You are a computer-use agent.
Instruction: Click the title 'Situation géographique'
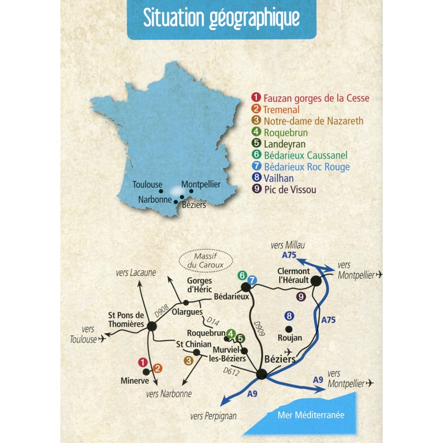(x=221, y=18)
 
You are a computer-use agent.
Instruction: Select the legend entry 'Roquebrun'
(x=286, y=133)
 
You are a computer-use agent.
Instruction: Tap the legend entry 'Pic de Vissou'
(x=291, y=190)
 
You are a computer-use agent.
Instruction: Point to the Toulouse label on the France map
(x=148, y=184)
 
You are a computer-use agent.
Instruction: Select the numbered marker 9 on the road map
(x=301, y=297)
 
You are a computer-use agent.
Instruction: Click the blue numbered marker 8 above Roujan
(x=289, y=316)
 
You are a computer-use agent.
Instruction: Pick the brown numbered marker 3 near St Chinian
(x=188, y=360)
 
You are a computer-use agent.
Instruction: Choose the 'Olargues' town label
(x=186, y=312)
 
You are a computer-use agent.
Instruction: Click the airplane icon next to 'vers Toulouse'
(x=101, y=339)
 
